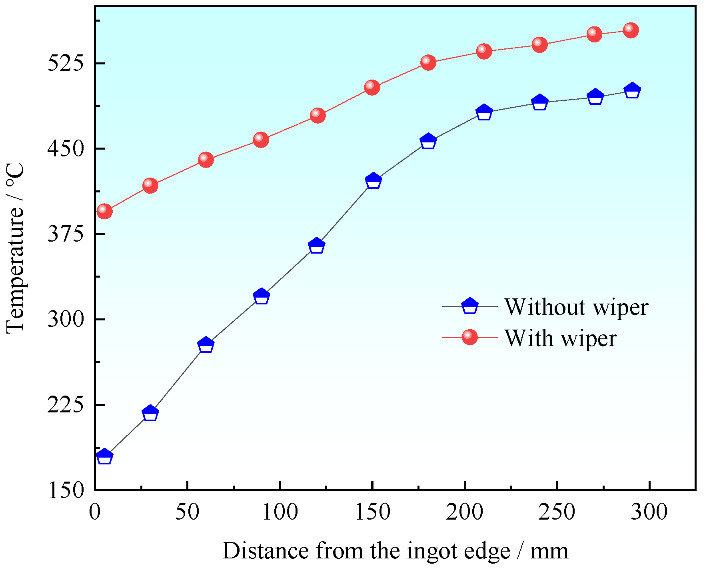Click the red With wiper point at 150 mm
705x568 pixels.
[x=372, y=87]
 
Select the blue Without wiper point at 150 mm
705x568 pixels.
[x=373, y=181]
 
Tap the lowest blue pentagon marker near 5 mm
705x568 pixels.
[x=104, y=456]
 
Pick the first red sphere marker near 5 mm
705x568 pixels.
[x=104, y=210]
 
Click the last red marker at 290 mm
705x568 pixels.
[x=631, y=30]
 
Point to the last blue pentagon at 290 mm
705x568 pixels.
[x=632, y=91]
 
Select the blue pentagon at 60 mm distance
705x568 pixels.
[x=206, y=345]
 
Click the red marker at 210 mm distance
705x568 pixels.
[x=484, y=51]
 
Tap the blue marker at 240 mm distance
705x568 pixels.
[x=539, y=102]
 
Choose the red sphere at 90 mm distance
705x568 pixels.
[x=261, y=139]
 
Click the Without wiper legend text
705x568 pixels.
[x=576, y=307]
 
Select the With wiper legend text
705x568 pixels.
[x=560, y=338]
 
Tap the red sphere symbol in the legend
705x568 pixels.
[x=469, y=337]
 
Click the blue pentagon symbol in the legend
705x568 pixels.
[x=469, y=306]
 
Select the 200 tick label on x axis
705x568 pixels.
[x=465, y=512]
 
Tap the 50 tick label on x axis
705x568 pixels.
[x=187, y=512]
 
